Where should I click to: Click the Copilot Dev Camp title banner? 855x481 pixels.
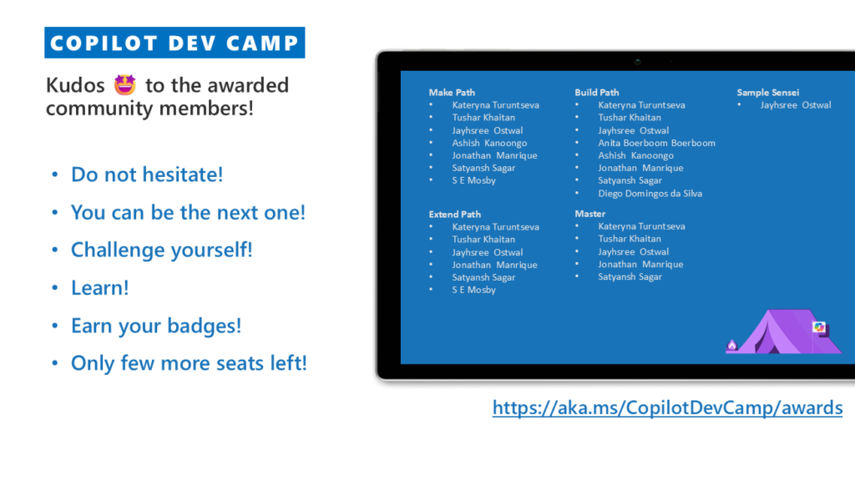click(x=175, y=43)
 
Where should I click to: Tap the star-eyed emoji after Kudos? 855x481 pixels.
click(x=125, y=85)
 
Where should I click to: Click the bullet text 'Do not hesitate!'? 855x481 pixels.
click(x=147, y=175)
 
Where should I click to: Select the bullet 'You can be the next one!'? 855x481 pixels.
click(x=188, y=212)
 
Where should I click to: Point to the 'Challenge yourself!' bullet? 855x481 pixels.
click(x=162, y=250)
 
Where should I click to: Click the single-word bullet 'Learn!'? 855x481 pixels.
click(x=100, y=288)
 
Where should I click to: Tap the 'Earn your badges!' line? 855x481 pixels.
click(x=156, y=326)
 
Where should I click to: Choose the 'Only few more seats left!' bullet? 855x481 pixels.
click(x=190, y=363)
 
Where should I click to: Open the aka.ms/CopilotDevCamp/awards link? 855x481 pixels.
click(x=667, y=408)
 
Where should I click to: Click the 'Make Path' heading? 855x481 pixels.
click(x=452, y=93)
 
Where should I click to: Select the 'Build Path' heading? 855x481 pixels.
click(x=596, y=93)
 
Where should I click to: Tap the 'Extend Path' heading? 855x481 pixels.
click(x=455, y=215)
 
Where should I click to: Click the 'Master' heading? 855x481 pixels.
click(x=590, y=214)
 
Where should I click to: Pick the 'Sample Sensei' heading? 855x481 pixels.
click(x=768, y=93)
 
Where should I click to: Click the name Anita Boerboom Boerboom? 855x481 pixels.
click(x=656, y=143)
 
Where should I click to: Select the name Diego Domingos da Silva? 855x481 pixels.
click(x=650, y=194)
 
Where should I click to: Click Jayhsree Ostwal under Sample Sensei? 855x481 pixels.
click(x=796, y=105)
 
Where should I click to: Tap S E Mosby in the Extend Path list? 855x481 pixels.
click(x=474, y=290)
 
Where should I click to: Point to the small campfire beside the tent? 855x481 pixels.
click(x=731, y=345)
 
